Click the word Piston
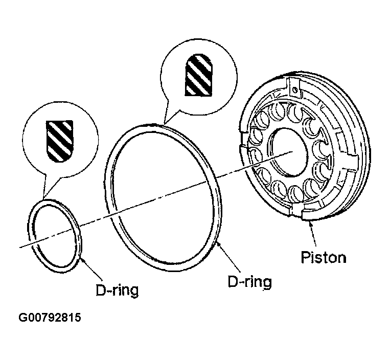pos(323,257)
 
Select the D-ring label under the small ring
pos(117,290)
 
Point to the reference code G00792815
pos(50,319)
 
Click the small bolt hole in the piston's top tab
pos(295,91)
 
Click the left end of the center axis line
pos(19,248)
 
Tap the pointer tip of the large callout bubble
pos(163,123)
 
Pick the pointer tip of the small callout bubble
pos(44,198)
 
